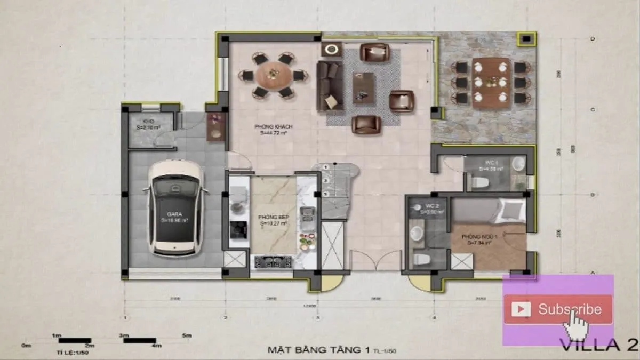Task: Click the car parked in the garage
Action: [x=175, y=209]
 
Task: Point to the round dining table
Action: [x=273, y=75]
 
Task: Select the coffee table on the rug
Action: [x=363, y=87]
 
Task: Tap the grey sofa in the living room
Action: [x=329, y=85]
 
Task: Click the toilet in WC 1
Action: [x=481, y=183]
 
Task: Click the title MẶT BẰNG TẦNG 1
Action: [x=318, y=350]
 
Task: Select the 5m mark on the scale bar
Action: [x=186, y=335]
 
